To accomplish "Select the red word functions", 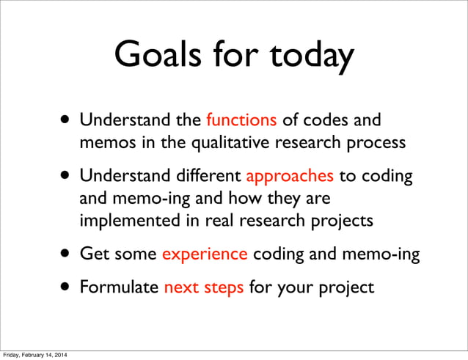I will point(241,119).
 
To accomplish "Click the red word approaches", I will point(290,176).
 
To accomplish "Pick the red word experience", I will point(205,254).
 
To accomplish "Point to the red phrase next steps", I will point(204,287).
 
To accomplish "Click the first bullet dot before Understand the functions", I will point(67,120).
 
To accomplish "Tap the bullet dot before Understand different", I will point(67,177).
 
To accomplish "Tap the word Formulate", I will point(119,287).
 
